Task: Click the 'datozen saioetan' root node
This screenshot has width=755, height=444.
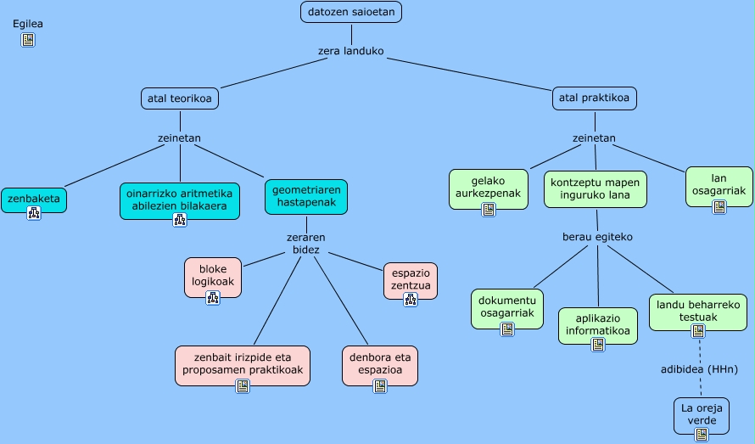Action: [350, 12]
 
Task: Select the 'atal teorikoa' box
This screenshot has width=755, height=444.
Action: [180, 98]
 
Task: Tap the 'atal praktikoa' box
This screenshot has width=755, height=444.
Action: [594, 98]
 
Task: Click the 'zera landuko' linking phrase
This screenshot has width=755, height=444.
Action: [350, 51]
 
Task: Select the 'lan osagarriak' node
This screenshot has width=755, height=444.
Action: [718, 185]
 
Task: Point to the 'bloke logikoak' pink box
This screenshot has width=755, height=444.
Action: [213, 276]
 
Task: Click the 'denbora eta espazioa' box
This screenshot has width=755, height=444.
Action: [380, 363]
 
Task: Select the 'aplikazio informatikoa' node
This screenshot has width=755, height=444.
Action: [597, 324]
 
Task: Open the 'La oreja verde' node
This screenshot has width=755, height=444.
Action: [701, 414]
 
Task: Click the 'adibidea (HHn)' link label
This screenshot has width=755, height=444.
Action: [700, 368]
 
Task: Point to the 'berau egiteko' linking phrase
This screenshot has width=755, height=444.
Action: [598, 237]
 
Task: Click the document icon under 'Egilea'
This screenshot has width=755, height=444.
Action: [28, 40]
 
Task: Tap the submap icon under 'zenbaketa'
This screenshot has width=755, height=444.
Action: [34, 213]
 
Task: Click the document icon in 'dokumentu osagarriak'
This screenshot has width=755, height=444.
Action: [507, 329]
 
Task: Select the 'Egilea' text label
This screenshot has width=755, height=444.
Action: [28, 24]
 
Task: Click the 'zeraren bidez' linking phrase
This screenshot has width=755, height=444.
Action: [306, 244]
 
